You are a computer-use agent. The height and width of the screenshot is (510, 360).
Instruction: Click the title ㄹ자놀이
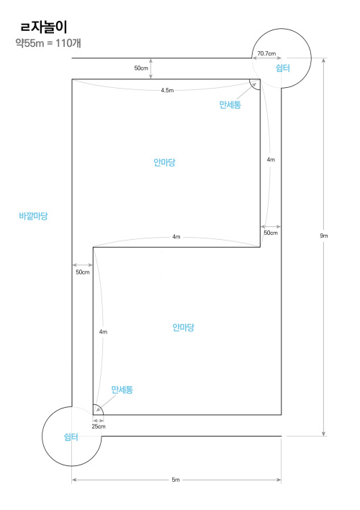coord(44,27)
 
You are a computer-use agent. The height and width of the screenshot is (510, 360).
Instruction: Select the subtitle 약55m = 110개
coord(48,43)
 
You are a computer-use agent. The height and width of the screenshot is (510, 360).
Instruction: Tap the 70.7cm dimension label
coord(266,53)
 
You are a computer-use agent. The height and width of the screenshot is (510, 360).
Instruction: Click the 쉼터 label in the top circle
coord(283,68)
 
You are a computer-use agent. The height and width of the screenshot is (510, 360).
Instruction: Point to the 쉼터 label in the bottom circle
coord(71,437)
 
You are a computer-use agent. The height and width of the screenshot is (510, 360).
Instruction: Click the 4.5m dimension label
coord(167,91)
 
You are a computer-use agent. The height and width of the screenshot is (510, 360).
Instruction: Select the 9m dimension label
coord(324,236)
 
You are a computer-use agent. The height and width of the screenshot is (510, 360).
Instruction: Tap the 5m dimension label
coord(176,480)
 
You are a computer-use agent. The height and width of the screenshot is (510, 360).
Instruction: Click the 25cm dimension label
coord(98,426)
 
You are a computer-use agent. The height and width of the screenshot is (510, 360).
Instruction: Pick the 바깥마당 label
coord(33,215)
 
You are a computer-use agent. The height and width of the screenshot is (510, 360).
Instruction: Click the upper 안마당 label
coord(164,162)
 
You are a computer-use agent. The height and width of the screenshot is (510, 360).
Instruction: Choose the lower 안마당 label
coord(183,327)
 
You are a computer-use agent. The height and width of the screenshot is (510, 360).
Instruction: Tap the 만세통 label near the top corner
coord(230,104)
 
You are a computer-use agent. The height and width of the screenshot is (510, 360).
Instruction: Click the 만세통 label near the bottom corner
coord(122,390)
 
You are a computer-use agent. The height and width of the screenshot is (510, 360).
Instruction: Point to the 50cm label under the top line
coord(141,68)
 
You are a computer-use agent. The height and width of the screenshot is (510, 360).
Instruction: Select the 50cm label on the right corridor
coord(271,233)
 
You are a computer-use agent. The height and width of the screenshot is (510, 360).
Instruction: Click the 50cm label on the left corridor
coord(83,272)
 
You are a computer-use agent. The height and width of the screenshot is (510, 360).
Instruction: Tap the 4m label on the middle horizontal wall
coord(176,237)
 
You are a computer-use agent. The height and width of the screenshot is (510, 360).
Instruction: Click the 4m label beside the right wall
coord(271,160)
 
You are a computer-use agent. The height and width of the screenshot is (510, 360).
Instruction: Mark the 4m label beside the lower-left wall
coord(103,332)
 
